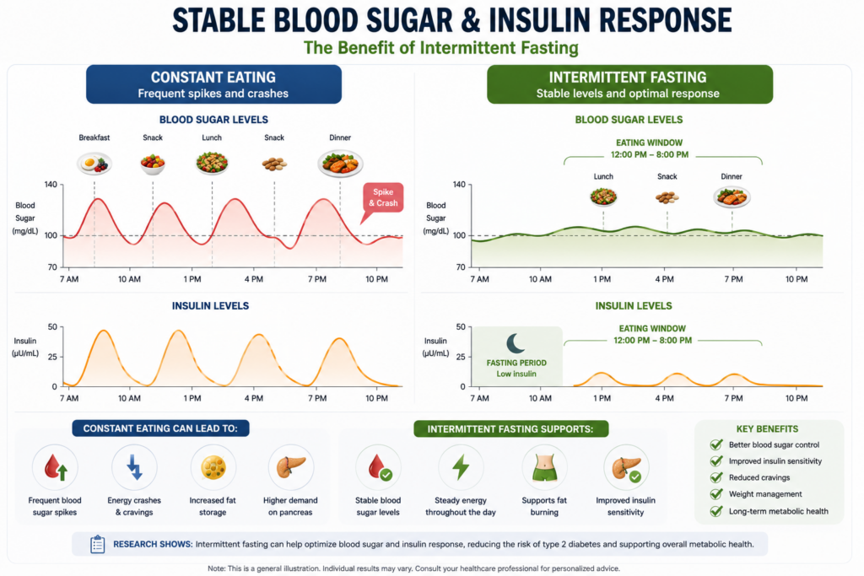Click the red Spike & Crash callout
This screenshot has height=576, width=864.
tap(383, 197)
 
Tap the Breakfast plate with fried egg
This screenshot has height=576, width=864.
tap(94, 164)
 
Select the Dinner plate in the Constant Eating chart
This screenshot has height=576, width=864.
tap(340, 164)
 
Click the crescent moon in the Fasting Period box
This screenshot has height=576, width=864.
tap(516, 343)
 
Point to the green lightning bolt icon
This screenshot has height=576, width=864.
tap(461, 467)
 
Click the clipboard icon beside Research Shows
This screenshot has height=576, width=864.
tap(98, 544)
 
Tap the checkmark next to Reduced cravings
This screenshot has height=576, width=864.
tap(716, 477)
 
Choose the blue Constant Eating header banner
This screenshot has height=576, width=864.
tap(213, 84)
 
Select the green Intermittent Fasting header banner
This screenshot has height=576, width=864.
tap(629, 84)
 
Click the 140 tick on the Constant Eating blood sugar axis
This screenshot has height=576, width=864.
tap(51, 185)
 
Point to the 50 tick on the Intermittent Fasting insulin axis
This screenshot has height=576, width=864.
tap(462, 327)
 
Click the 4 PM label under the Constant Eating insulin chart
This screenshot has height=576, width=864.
tap(253, 398)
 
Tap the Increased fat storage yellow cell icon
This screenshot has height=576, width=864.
tap(213, 467)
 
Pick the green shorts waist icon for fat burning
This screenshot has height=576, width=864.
tap(544, 467)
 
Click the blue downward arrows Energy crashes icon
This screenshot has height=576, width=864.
tap(134, 467)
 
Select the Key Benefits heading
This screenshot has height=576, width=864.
tap(767, 429)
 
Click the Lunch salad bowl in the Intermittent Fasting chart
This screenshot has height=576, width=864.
tap(603, 196)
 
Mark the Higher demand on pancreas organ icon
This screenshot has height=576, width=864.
tap(290, 467)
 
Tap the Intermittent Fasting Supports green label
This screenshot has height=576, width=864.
tap(510, 429)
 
